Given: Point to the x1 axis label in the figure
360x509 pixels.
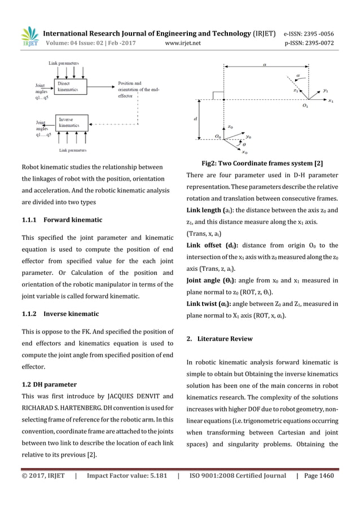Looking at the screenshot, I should pyautogui.click(x=331, y=101).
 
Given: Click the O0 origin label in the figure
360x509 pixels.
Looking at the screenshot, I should pyautogui.click(x=218, y=137).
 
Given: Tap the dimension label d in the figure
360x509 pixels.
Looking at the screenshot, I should pyautogui.click(x=195, y=119).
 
